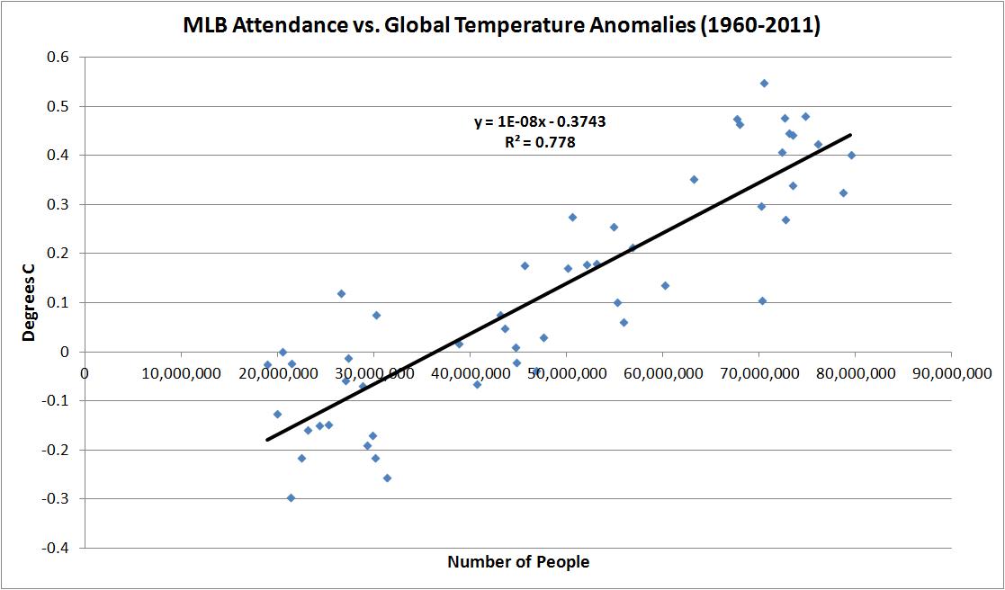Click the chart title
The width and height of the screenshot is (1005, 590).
(501, 26)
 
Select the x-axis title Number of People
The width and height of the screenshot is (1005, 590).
(518, 562)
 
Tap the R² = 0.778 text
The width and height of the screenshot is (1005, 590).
(540, 141)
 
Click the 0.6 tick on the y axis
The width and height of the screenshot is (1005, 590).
(64, 57)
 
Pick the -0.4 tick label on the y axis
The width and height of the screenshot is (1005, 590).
(61, 548)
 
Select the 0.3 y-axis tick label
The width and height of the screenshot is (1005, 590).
(64, 204)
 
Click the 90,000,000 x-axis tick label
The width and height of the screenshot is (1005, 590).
(950, 372)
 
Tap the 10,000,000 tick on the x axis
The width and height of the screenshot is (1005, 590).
(181, 372)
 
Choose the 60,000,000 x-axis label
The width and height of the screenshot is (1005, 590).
(661, 372)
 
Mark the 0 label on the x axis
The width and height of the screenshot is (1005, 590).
(85, 372)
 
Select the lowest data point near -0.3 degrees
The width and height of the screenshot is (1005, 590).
(291, 497)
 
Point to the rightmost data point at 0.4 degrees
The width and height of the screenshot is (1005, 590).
(851, 155)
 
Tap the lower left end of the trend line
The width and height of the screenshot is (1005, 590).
(267, 440)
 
